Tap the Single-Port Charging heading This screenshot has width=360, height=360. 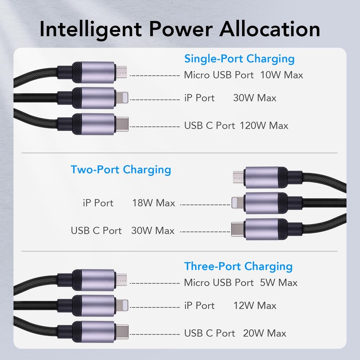239,58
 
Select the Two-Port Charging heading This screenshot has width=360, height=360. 121,170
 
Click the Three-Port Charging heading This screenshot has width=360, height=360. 238,266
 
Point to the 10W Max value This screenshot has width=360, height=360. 282,75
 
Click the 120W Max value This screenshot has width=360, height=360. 264,126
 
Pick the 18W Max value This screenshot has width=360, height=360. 153,203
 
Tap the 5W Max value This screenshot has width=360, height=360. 279,283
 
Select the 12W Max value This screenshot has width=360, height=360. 255,306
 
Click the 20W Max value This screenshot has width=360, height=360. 265,333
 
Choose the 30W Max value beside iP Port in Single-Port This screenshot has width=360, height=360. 255,98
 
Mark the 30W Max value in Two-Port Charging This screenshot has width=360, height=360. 153,231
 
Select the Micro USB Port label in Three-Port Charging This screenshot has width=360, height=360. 219,283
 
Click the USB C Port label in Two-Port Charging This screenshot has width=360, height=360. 96,231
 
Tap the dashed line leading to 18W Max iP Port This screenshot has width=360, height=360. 205,204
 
